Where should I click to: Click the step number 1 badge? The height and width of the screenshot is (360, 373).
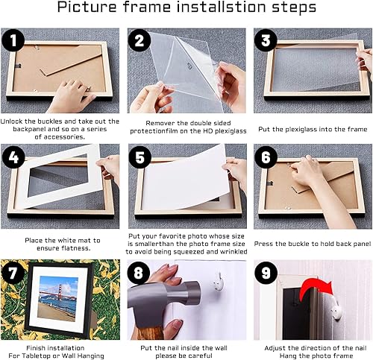click(x=13, y=40)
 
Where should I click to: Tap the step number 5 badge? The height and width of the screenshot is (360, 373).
click(x=140, y=157)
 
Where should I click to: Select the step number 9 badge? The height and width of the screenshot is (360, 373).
click(x=266, y=273)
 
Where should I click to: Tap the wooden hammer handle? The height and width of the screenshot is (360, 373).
click(x=149, y=332)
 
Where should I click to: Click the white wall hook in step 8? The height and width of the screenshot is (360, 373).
click(x=219, y=282)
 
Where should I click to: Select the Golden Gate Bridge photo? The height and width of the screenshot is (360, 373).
click(x=57, y=298)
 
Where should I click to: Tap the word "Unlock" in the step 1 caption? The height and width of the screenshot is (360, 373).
click(x=12, y=121)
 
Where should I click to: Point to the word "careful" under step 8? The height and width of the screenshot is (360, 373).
click(x=200, y=356)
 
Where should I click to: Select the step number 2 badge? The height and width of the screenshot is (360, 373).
click(x=140, y=40)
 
